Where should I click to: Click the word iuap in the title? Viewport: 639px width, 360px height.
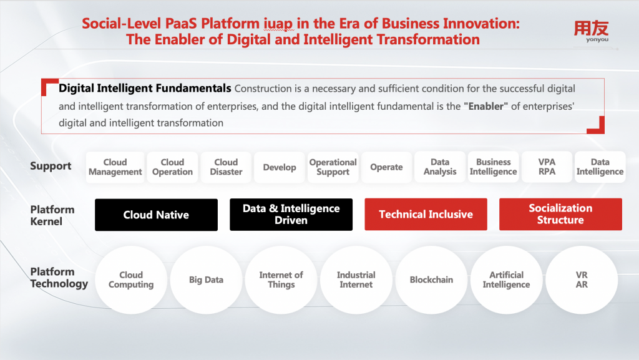click(x=278, y=24)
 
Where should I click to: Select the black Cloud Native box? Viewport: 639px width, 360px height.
click(x=156, y=215)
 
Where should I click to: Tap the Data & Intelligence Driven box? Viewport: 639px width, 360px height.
click(x=291, y=215)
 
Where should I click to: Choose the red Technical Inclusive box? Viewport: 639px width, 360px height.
click(x=426, y=214)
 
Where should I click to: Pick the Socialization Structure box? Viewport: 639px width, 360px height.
click(x=560, y=214)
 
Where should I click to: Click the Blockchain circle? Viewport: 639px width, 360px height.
click(x=431, y=280)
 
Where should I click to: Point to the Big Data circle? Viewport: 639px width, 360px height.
click(x=206, y=280)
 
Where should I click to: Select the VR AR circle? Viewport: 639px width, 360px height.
click(x=582, y=280)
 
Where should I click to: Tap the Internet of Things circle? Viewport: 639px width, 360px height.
click(x=281, y=280)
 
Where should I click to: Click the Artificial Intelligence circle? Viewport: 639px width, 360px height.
click(x=507, y=280)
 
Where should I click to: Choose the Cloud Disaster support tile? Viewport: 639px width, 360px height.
click(x=226, y=167)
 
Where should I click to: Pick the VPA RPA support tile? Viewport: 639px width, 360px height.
click(x=547, y=167)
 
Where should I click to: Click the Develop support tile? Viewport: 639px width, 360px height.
click(x=280, y=167)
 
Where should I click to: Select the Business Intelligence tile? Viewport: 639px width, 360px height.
click(x=494, y=167)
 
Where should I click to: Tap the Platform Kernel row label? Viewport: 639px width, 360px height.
click(x=52, y=215)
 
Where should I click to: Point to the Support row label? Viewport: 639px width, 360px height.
click(x=51, y=166)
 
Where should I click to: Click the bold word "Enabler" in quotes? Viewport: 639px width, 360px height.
click(x=485, y=106)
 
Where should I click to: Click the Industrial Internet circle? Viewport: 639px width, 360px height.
click(x=356, y=280)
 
